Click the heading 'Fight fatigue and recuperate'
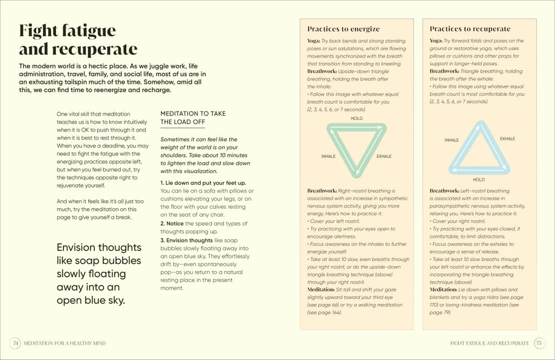(78, 40)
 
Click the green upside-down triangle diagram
(356, 149)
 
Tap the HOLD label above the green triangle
(357, 118)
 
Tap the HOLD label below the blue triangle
(479, 179)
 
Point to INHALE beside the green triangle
(328, 156)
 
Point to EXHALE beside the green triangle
(384, 156)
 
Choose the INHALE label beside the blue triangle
(451, 140)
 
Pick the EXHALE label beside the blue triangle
(507, 139)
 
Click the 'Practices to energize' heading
(344, 29)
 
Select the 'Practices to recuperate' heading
(470, 29)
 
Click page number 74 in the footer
(16, 343)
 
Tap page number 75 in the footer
(539, 343)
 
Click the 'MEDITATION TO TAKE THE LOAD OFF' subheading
(193, 118)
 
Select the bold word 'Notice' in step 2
(175, 223)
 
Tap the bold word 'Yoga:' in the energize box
(313, 41)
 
